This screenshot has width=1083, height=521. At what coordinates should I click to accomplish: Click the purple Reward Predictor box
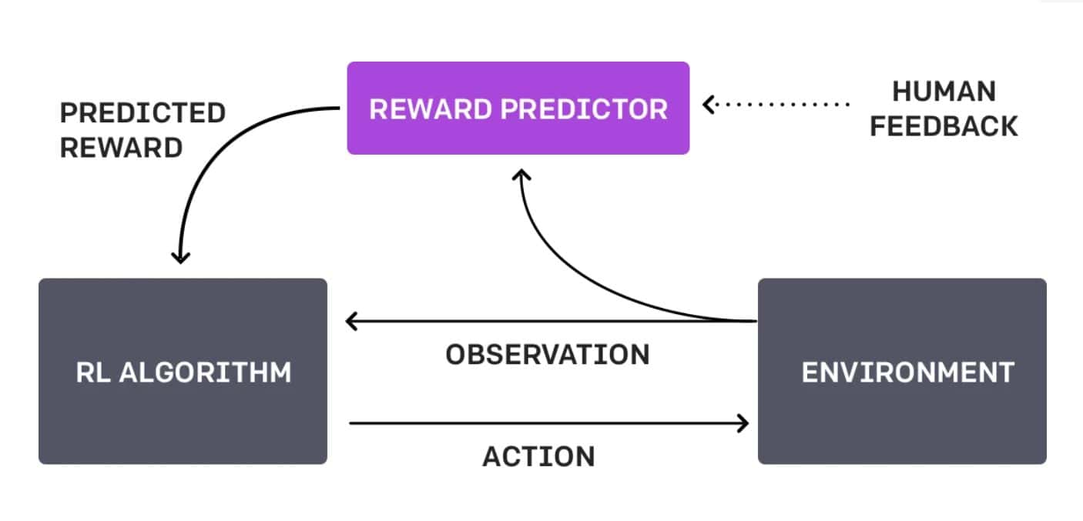(x=518, y=109)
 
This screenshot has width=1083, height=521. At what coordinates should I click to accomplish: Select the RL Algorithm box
(x=183, y=371)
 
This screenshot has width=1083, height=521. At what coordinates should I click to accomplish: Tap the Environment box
(x=902, y=371)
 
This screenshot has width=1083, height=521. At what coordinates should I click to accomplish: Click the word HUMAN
(x=944, y=92)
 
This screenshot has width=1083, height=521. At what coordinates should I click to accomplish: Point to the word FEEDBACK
(x=944, y=126)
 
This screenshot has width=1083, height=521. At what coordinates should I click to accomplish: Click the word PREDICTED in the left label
(x=143, y=113)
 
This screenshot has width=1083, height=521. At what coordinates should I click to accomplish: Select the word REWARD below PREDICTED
(x=122, y=148)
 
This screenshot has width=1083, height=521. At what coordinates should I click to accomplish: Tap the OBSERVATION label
(x=548, y=355)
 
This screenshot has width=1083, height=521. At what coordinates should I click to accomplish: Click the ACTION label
(x=538, y=456)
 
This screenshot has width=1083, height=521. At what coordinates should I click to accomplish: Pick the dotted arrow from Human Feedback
(x=776, y=105)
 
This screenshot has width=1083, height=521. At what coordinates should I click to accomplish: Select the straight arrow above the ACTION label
(x=548, y=423)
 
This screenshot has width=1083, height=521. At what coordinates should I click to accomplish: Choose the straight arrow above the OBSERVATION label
(x=552, y=321)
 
